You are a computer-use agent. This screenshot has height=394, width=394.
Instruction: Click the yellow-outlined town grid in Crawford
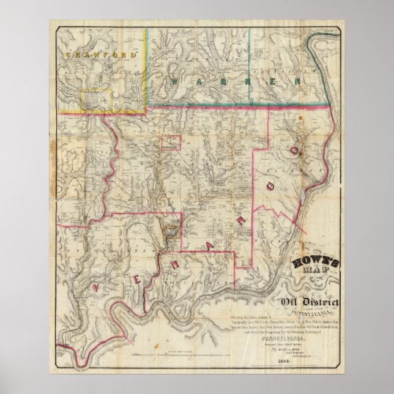tap(95, 100)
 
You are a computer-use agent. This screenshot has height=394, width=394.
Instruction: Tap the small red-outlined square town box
tap(171, 143)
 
